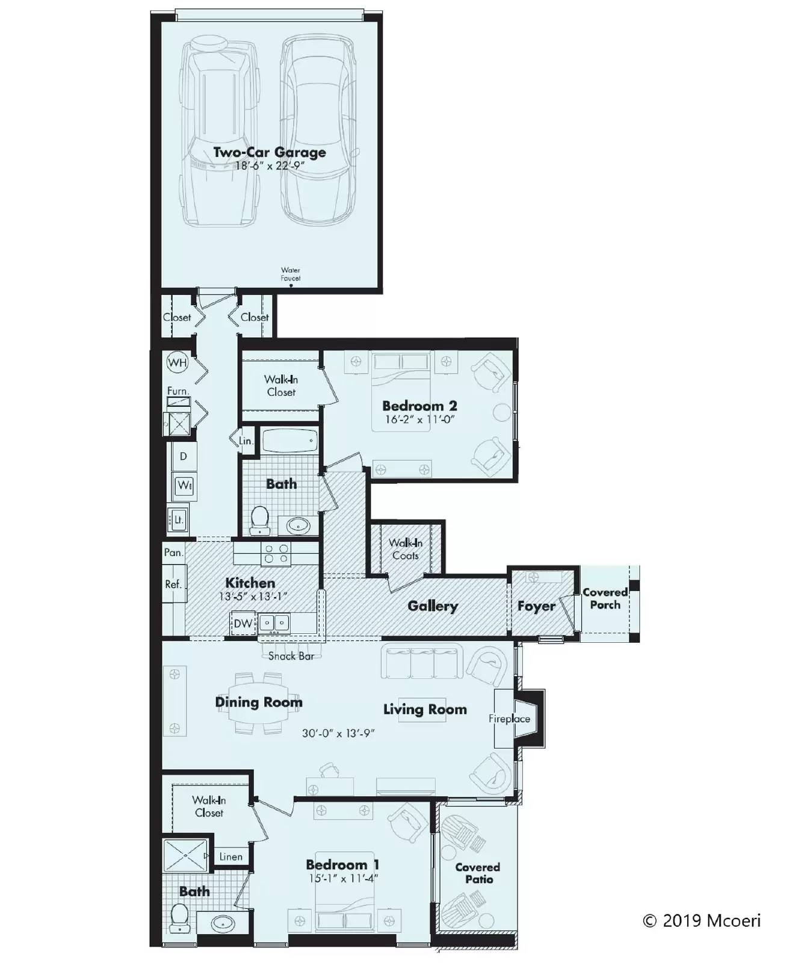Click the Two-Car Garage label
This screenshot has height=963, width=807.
tap(270, 152)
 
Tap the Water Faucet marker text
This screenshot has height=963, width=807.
tap(290, 274)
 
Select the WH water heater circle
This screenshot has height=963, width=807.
tap(178, 362)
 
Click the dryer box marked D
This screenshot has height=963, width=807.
tap(184, 456)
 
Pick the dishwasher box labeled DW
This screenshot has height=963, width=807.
tap(243, 624)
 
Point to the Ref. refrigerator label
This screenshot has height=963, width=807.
tap(173, 584)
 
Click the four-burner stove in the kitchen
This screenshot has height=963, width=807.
tap(276, 554)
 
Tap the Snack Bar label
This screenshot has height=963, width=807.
tap(291, 656)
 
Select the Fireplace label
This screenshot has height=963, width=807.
tap(509, 719)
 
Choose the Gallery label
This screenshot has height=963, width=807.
tap(433, 606)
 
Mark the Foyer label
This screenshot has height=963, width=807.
tap(536, 606)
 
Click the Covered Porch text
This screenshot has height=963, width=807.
tap(605, 599)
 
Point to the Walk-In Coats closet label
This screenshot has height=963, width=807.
tap(406, 549)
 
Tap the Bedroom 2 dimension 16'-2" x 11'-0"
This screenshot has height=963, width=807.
tap(419, 420)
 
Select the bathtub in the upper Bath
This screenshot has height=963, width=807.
tap(289, 441)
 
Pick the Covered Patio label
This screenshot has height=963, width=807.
tap(478, 873)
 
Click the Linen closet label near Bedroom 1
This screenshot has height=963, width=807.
tap(231, 856)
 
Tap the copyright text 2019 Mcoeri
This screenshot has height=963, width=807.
tap(702, 921)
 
